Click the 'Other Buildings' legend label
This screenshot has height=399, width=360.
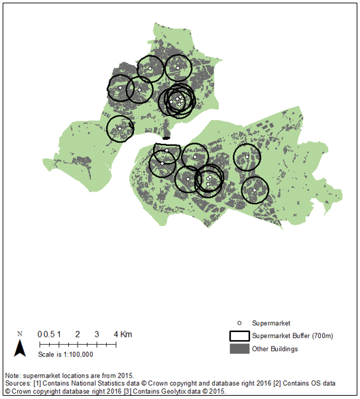click(x=274, y=349)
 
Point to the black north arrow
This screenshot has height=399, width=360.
click(x=21, y=347)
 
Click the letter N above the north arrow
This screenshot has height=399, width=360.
click(x=20, y=333)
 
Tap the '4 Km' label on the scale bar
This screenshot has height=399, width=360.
click(x=122, y=333)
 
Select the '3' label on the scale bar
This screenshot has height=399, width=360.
click(x=97, y=333)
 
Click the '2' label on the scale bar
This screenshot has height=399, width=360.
click(x=78, y=333)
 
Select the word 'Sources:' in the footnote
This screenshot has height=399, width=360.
click(x=19, y=383)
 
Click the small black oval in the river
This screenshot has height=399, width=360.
click(x=166, y=138)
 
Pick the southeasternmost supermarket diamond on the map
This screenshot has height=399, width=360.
click(x=254, y=190)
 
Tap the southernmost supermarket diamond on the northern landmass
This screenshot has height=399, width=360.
click(x=119, y=129)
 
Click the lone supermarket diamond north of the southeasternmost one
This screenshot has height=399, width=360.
click(x=246, y=157)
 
